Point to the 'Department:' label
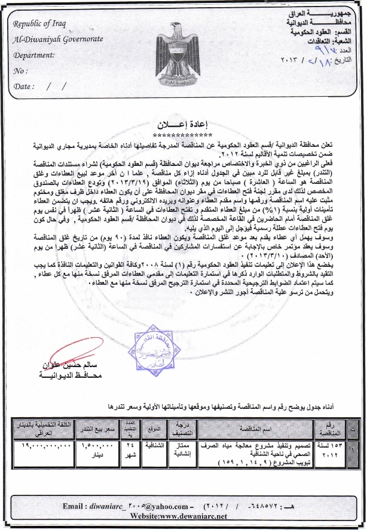point(33,54)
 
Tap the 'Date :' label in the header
point(23,86)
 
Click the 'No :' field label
point(21,70)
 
